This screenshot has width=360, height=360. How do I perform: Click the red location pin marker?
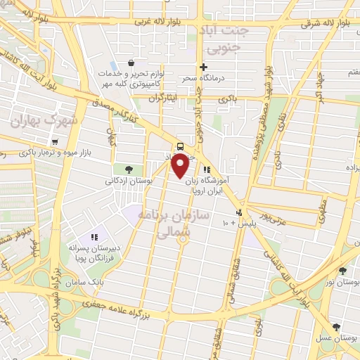point(180,166)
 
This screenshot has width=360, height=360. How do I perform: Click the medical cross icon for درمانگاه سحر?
point(204,67)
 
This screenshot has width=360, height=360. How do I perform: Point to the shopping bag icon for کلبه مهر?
point(131,62)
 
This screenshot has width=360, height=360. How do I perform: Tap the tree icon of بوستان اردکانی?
point(129,169)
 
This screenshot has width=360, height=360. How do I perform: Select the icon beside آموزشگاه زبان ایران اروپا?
point(207,169)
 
